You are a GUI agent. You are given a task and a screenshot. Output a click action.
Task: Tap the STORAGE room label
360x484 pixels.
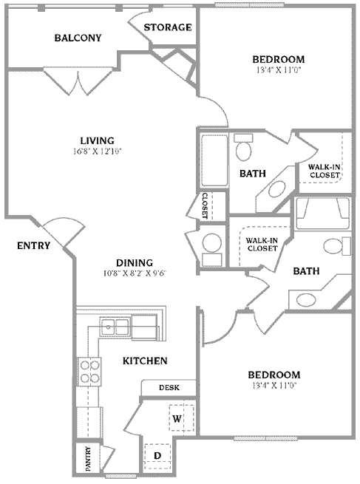pyautogui.click(x=168, y=27)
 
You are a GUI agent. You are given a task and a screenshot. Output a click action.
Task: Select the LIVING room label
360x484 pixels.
pyautogui.click(x=97, y=140)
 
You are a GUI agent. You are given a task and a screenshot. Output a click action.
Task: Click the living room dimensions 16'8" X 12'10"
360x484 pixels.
pyautogui.click(x=97, y=151)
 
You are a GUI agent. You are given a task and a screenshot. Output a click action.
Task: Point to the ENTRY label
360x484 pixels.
pyautogui.click(x=33, y=245)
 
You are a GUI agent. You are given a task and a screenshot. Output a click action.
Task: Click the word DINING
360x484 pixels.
pyautogui.click(x=134, y=262)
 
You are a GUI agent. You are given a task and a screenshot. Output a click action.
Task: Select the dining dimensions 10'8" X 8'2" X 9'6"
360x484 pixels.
pyautogui.click(x=134, y=273)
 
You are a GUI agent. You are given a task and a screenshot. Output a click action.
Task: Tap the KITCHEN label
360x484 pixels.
pyautogui.click(x=144, y=361)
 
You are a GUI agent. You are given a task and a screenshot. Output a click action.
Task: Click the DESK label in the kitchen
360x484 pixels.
pyautogui.click(x=169, y=388)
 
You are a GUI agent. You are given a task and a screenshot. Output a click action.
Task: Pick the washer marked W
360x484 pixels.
pyautogui.click(x=178, y=418)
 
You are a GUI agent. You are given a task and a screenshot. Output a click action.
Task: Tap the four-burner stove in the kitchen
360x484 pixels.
pyautogui.click(x=89, y=371)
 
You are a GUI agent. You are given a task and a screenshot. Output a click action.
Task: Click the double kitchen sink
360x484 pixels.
pyautogui.click(x=115, y=326)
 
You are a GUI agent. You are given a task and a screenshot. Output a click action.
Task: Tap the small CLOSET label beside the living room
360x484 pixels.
pyautogui.click(x=205, y=206)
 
